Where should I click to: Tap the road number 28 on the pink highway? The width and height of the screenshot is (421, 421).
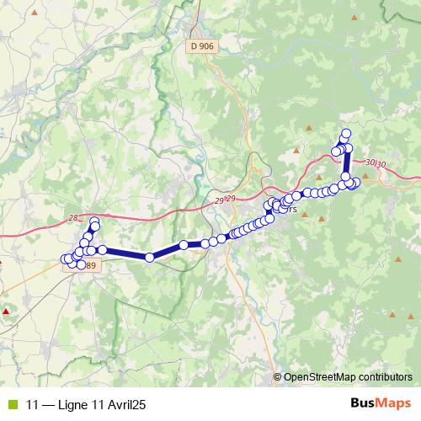pos(73,217)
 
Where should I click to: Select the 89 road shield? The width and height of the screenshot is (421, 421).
pos(90,266)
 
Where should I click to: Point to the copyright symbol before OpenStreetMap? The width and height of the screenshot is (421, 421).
pos(278,376)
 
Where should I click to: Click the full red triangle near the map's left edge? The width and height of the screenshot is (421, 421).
pos(6,312)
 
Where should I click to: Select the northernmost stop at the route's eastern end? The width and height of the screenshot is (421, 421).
pos(345,132)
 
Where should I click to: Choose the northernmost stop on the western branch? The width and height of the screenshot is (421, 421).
pos(94,221)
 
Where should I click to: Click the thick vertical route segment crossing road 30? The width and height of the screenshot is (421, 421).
pos(346,163)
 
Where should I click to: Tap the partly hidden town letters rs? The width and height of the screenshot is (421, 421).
pos(292,210)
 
